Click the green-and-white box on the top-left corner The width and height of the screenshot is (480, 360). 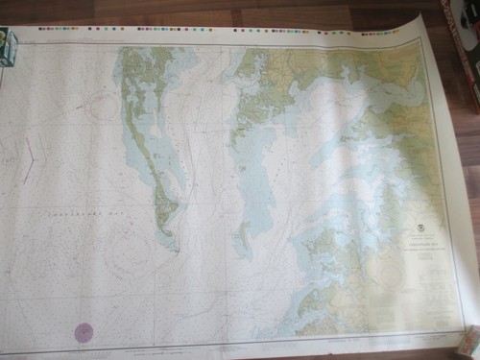tap(7, 45)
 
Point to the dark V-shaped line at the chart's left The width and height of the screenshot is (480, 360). tap(30, 158)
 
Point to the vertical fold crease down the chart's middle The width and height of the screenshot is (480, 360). tap(228, 192)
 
